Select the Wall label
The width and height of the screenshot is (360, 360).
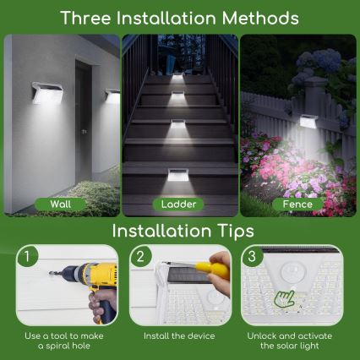pos(60,204)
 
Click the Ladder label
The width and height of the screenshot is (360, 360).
pos(179,204)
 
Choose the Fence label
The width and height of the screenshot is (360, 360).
pos(297,204)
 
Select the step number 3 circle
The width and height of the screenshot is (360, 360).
pos(252,254)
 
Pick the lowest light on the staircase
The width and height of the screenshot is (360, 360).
pos(179,176)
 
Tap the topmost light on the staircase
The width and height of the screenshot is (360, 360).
pos(178,78)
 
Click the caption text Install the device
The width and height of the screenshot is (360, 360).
pos(179,336)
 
